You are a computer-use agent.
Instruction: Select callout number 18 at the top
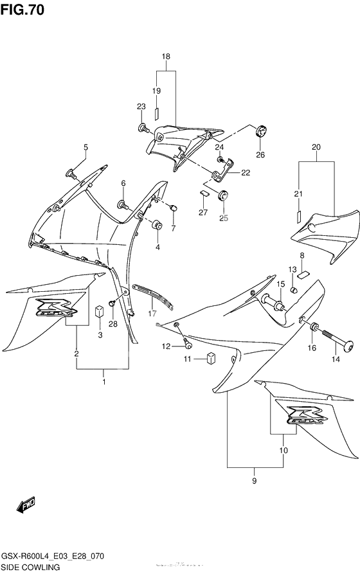(x=166, y=57)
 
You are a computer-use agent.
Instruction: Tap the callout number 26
(x=260, y=154)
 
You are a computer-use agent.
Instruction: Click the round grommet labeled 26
(x=260, y=132)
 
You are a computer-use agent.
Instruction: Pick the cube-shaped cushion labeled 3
(x=100, y=312)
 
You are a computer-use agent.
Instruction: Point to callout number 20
(x=316, y=147)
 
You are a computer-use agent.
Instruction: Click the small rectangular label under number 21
(x=300, y=217)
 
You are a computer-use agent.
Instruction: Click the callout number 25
(x=223, y=218)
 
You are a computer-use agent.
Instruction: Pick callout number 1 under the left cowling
(x=104, y=382)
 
